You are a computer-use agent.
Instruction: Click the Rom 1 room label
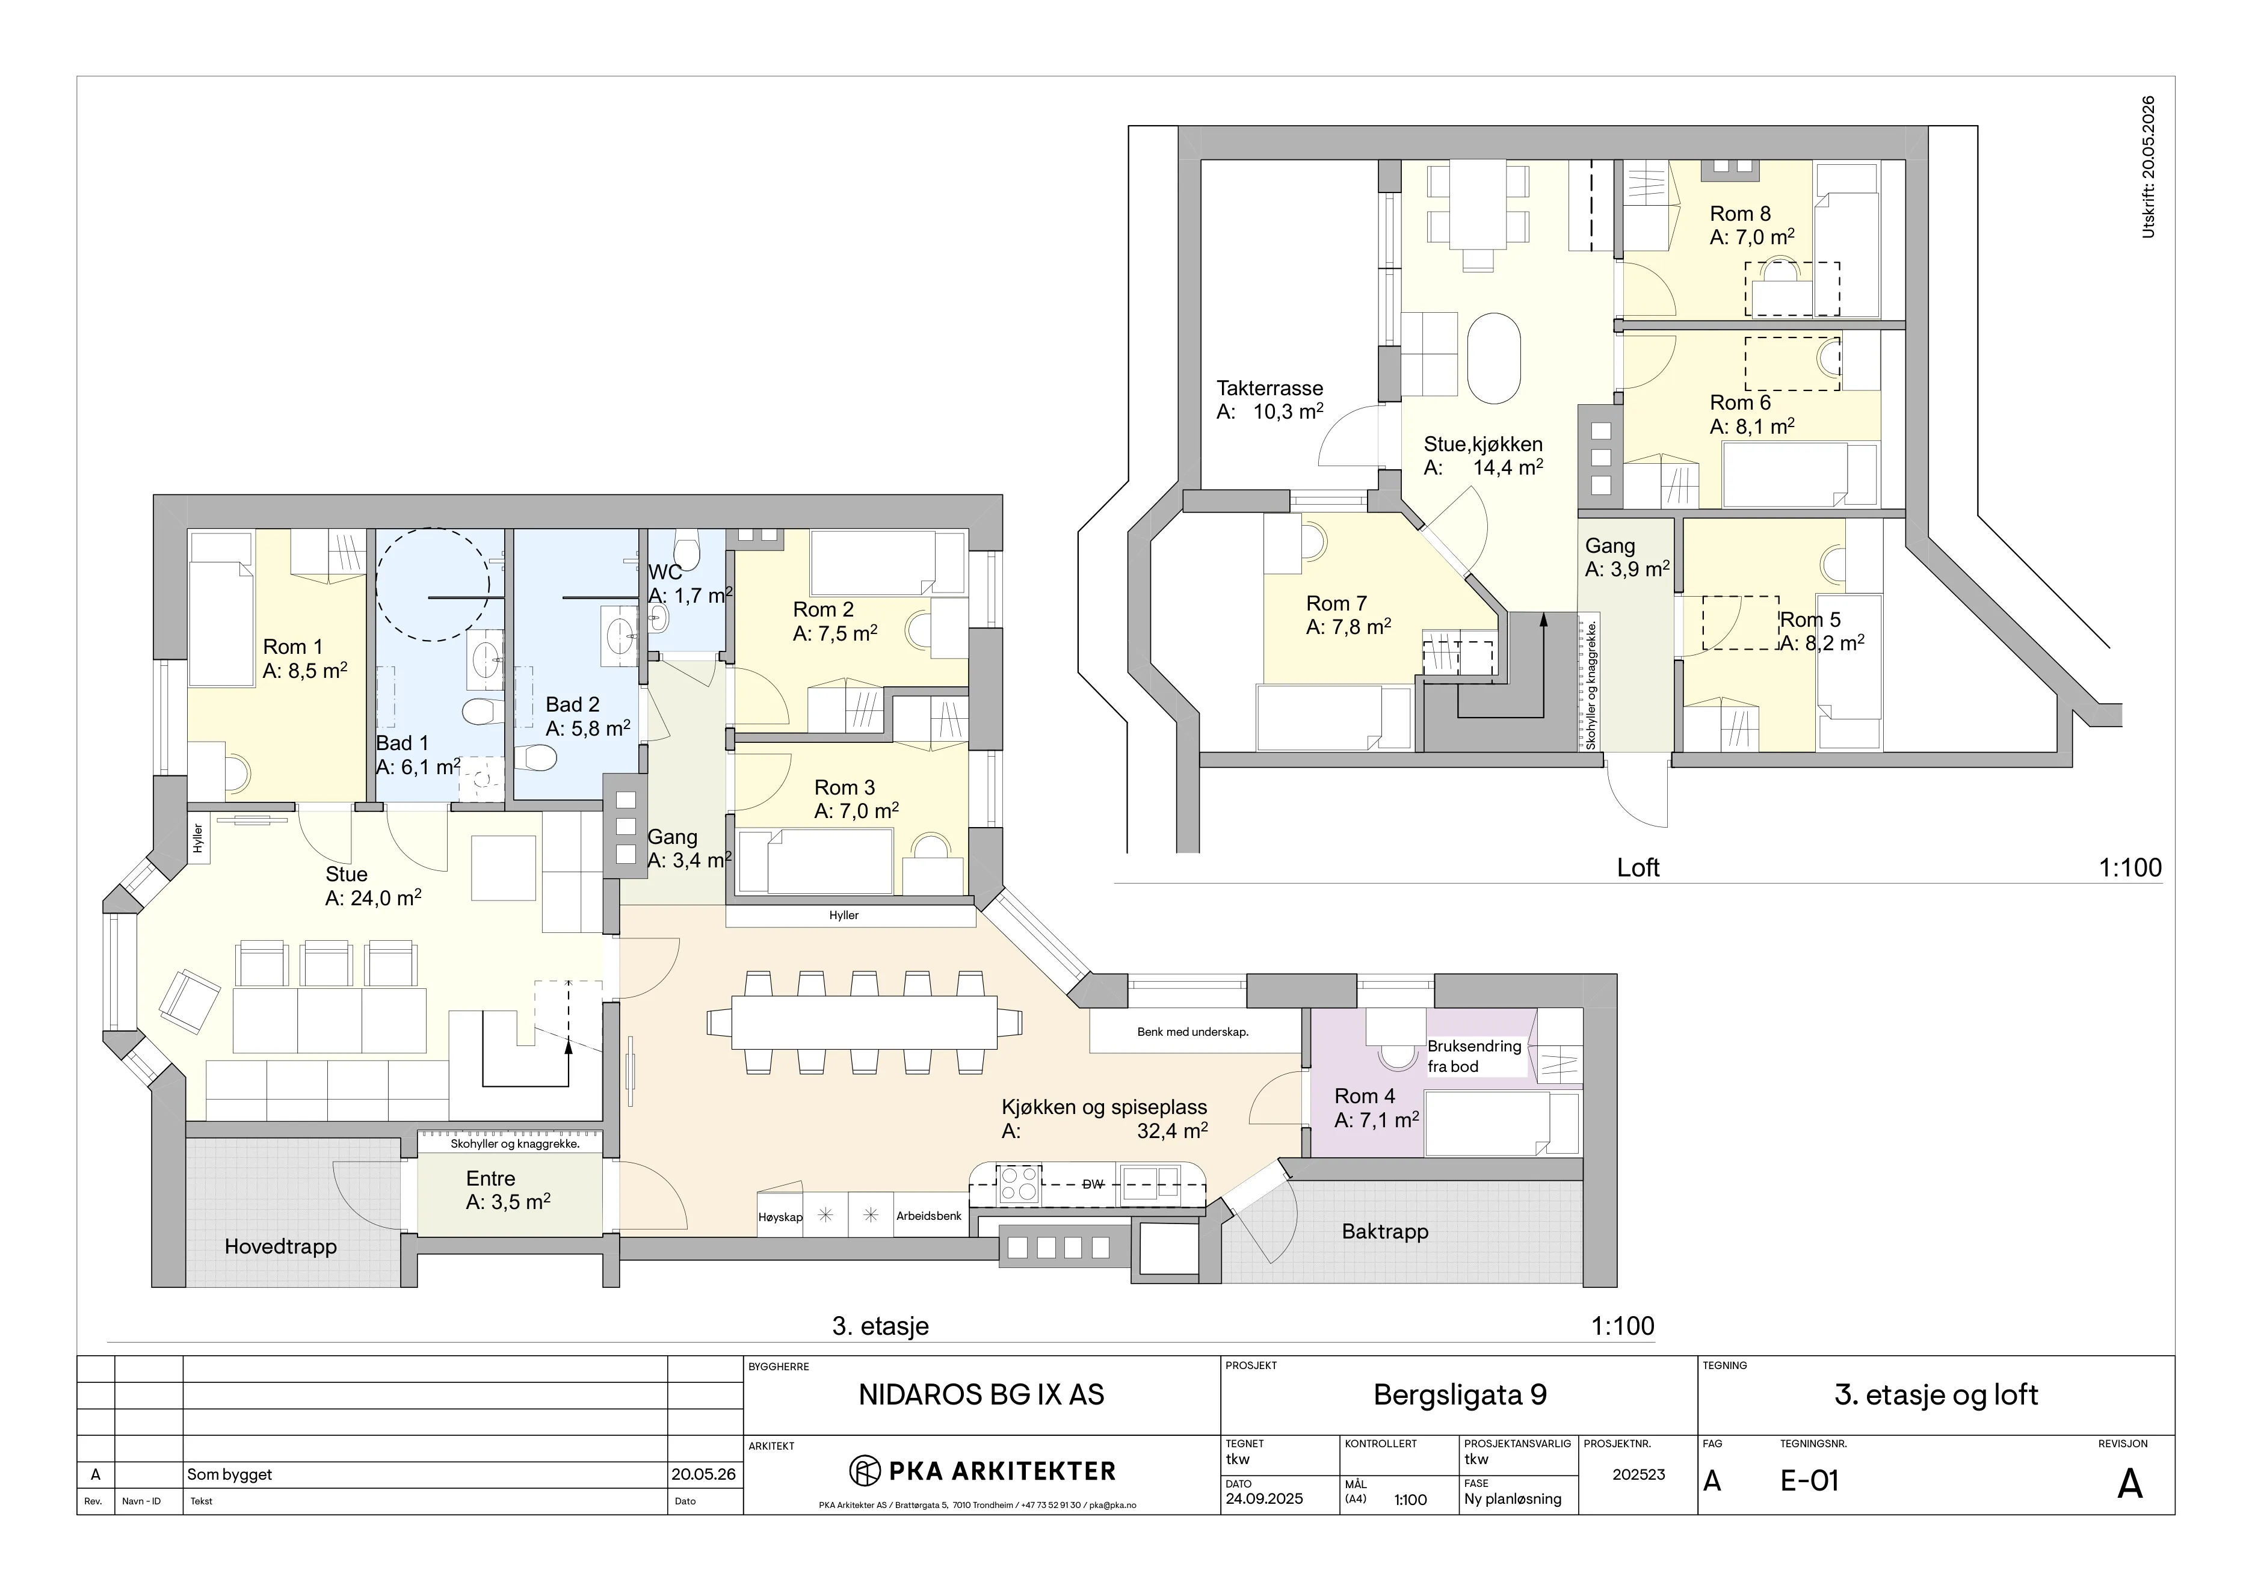[292, 647]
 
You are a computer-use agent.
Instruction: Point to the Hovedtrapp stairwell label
[280, 1247]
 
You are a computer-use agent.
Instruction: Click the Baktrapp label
[1385, 1231]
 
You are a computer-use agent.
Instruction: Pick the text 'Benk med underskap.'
[1192, 1032]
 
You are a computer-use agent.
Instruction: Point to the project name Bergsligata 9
[1460, 1395]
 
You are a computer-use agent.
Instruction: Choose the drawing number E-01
[1810, 1481]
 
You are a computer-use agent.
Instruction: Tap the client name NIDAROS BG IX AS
[981, 1395]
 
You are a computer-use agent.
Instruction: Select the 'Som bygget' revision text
[229, 1474]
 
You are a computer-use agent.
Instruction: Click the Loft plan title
[1638, 867]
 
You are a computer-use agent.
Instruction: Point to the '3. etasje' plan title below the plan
[880, 1326]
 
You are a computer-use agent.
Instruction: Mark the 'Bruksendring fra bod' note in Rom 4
[1474, 1056]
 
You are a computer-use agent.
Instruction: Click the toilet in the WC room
[686, 550]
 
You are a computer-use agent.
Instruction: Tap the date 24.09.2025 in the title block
[1264, 1499]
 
